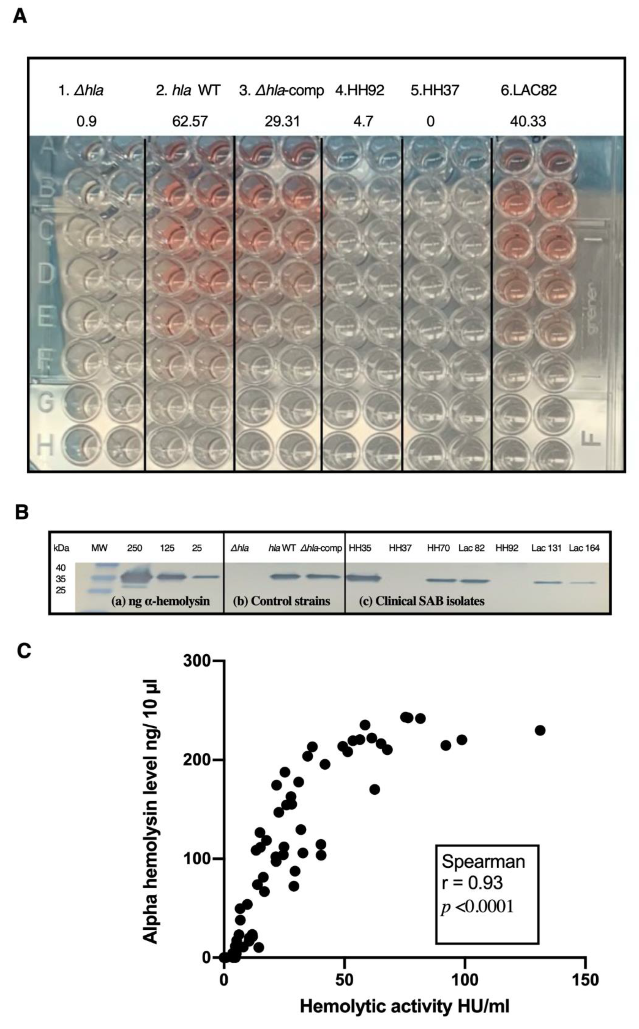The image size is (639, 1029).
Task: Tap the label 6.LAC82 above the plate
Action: tap(529, 90)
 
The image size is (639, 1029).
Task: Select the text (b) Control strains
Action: tap(281, 601)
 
